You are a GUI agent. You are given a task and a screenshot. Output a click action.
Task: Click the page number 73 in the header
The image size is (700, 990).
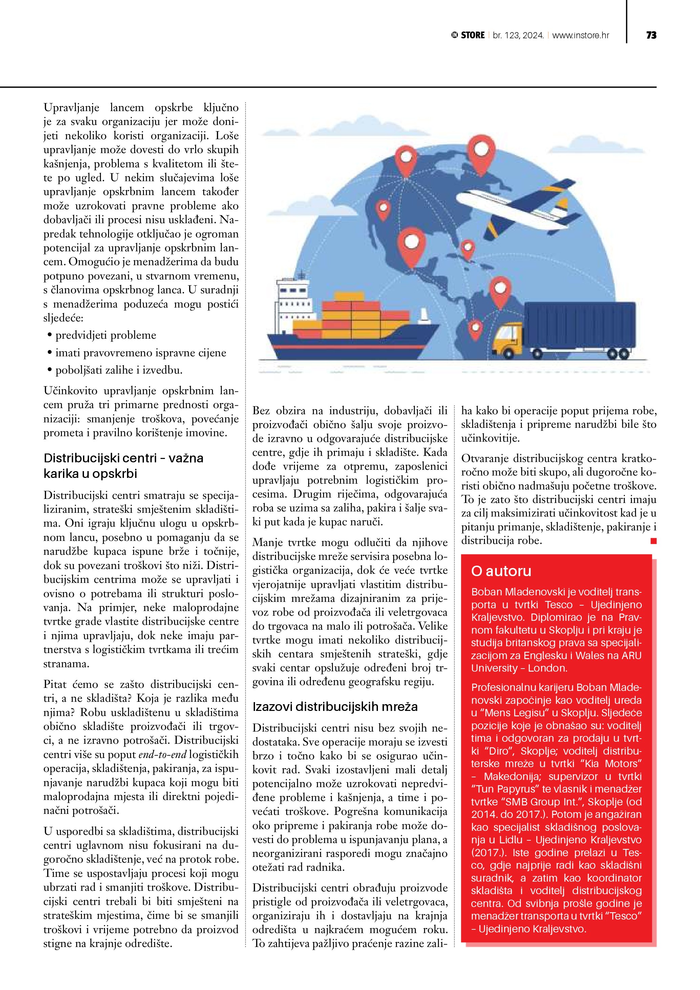[651, 35]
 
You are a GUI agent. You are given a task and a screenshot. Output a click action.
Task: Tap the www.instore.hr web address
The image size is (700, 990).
[580, 35]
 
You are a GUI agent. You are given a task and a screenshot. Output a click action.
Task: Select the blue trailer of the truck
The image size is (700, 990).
[579, 325]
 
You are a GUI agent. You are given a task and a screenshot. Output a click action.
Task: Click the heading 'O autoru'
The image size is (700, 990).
[501, 571]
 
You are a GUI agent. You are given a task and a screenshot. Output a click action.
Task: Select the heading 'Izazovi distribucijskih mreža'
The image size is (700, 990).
[335, 707]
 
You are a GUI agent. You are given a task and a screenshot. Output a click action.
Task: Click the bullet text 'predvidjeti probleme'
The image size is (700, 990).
[106, 335]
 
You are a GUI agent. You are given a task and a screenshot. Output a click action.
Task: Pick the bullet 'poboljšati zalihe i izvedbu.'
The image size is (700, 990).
[119, 370]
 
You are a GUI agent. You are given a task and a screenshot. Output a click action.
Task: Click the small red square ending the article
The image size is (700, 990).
[654, 541]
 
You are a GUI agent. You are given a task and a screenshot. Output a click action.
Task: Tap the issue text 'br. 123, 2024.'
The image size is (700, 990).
[518, 35]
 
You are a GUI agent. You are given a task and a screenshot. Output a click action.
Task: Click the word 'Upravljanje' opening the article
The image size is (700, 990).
[71, 107]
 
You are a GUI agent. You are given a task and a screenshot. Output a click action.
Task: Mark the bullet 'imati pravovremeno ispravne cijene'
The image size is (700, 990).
[141, 353]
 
